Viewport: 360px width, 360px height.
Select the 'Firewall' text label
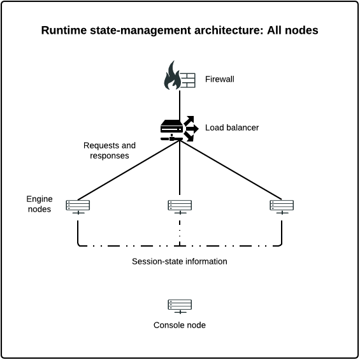click(x=220, y=80)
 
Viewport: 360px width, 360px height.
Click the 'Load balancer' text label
click(x=232, y=127)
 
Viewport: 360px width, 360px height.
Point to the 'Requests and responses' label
click(x=110, y=150)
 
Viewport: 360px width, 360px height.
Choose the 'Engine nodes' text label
click(x=40, y=205)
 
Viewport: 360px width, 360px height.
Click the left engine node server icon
click(x=78, y=206)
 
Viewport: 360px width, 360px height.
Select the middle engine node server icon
click(x=180, y=206)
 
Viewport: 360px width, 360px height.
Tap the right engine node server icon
click(x=282, y=206)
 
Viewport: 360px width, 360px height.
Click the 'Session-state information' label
click(x=179, y=261)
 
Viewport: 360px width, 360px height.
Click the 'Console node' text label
click(x=179, y=325)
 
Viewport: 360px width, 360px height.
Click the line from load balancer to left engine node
click(x=127, y=170)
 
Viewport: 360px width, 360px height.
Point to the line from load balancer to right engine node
click(x=231, y=170)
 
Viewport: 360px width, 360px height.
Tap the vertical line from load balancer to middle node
click(x=180, y=172)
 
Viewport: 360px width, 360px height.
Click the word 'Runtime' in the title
click(x=62, y=31)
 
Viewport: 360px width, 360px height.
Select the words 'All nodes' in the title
click(x=294, y=31)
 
